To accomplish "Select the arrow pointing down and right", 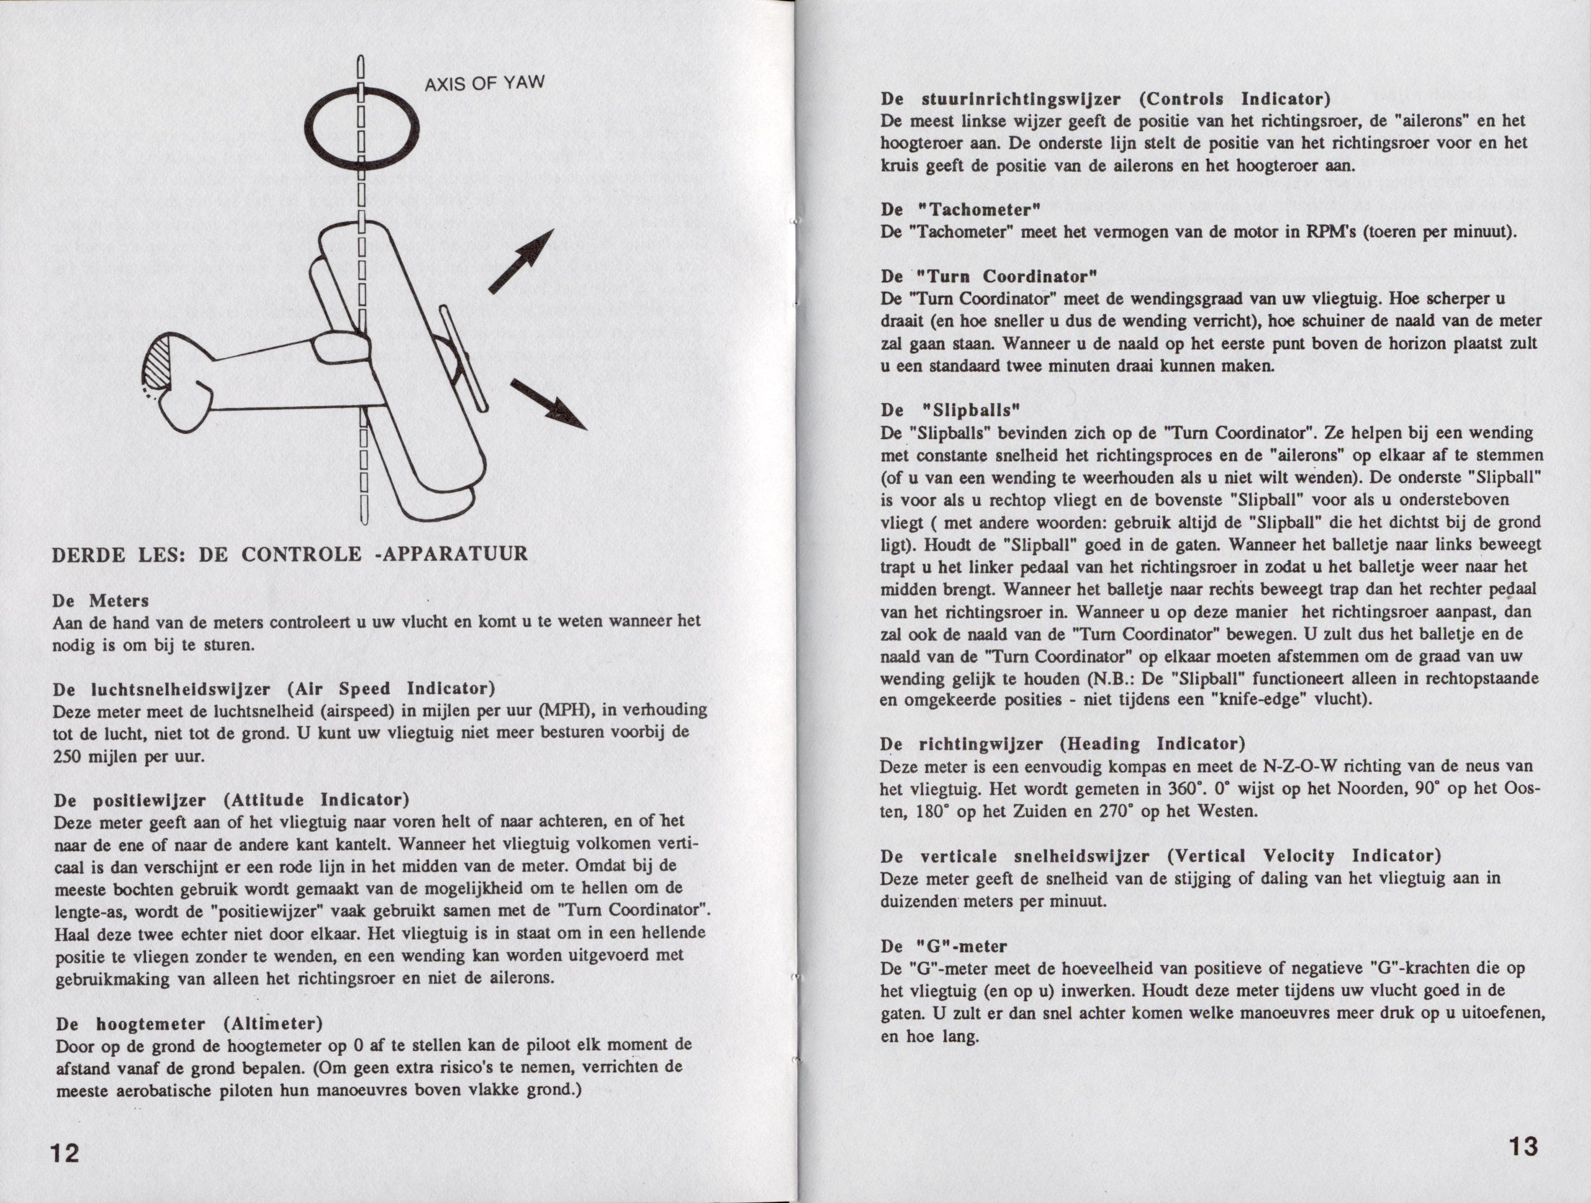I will click(549, 405).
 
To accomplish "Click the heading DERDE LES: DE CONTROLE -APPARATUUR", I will click(290, 554).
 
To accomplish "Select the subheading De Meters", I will click(101, 600).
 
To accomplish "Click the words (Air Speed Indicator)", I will click(391, 689).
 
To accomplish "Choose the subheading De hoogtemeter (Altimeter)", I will click(189, 1022).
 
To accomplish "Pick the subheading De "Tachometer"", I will click(960, 210).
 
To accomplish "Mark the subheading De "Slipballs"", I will click(950, 410).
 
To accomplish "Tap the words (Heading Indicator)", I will click(1152, 743).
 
